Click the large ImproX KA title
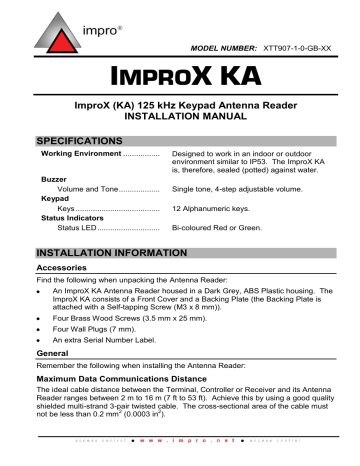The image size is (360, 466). click(181, 76)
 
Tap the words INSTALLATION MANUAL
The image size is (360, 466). click(181, 116)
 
